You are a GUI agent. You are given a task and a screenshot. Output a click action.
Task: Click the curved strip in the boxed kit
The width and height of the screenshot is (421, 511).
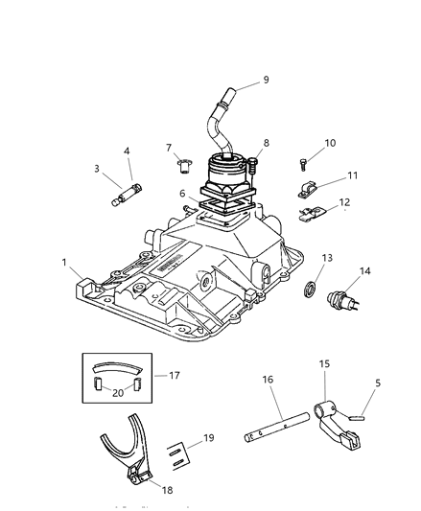(116, 369)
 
